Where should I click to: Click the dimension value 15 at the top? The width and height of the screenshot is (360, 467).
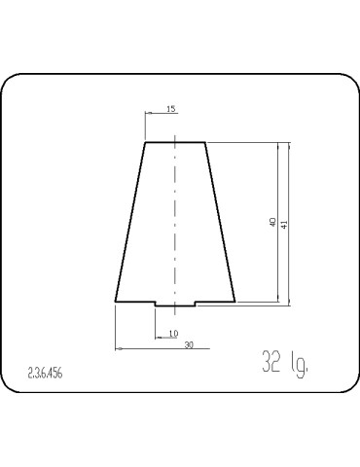tap(171, 110)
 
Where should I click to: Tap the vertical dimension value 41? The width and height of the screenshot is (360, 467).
tap(283, 223)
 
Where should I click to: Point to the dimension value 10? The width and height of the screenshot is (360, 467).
tap(173, 334)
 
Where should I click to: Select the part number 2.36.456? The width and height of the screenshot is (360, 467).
tap(45, 373)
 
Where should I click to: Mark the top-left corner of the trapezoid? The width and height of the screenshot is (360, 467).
tap(146, 143)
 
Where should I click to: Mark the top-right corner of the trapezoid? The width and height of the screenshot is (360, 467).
tap(204, 143)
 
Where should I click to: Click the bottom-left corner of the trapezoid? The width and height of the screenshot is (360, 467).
tap(116, 303)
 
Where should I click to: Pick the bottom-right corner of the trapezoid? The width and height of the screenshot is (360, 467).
tap(234, 303)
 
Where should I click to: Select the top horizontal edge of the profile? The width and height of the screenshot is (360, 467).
tap(175, 143)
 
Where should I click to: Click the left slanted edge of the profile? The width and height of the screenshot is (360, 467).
tap(130, 224)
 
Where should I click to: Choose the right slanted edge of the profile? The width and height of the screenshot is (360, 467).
tap(220, 224)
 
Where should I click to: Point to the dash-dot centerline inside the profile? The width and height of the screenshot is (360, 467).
tap(175, 224)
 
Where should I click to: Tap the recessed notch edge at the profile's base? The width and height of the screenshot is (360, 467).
tap(175, 306)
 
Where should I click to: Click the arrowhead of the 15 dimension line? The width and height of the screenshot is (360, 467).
tap(149, 115)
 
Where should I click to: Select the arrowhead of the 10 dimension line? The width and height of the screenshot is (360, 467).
tap(159, 338)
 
